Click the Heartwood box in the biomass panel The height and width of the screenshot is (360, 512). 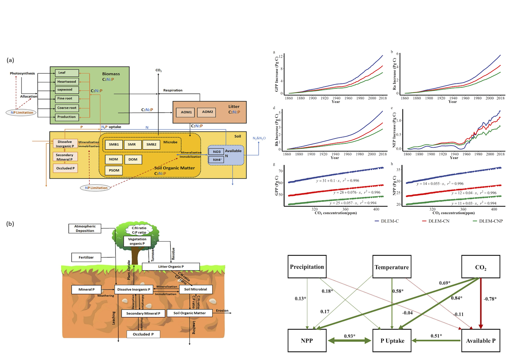tap(67, 81)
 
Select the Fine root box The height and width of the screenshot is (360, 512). tap(67, 99)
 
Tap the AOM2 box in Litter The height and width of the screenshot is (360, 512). tap(207, 112)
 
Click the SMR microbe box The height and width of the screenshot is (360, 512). tap(132, 145)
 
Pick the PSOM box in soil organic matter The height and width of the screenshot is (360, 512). tap(114, 170)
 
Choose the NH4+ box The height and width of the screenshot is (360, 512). tap(217, 160)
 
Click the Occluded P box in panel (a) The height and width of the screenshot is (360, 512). tap(65, 168)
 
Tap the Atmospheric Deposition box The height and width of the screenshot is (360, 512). tap(85, 229)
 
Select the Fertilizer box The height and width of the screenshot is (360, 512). tap(86, 257)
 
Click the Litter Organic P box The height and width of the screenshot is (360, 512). tap(171, 266)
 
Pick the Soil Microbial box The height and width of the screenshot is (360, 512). tap(195, 289)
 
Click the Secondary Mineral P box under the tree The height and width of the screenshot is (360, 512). tap(143, 314)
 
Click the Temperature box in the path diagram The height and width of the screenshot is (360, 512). tap(392, 267)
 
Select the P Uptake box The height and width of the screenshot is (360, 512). tap(392, 341)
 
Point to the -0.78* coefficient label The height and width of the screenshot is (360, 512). tap(490, 299)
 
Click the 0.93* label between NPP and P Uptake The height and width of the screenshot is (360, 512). tap(349, 336)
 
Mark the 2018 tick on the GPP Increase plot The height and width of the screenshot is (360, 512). tap(382, 98)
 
